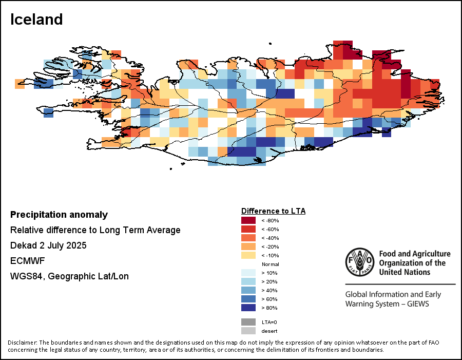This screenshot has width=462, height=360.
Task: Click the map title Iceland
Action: pos(36,20)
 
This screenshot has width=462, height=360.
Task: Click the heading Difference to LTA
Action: pos(273,211)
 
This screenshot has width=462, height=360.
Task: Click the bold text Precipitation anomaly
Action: pos(59,215)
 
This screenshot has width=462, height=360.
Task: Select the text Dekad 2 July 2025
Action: pos(48,245)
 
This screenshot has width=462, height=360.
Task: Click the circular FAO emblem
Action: pos(359,261)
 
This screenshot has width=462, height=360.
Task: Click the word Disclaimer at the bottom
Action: pos(22,343)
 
